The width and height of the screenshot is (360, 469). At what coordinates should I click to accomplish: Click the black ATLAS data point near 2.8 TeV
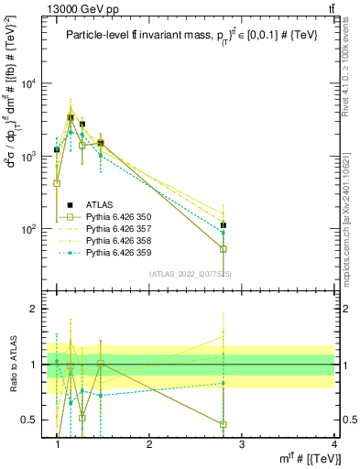point(223,224)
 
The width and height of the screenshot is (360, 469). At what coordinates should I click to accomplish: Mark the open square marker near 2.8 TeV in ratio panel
point(223,424)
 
